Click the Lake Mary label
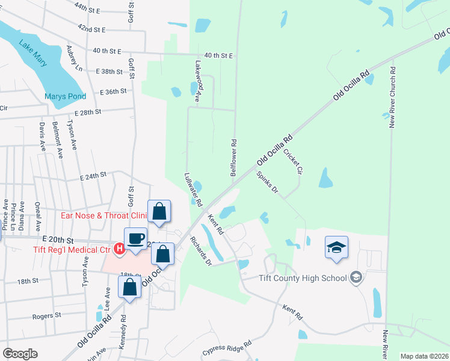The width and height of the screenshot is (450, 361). pos(32,52)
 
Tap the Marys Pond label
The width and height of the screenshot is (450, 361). pos(65,96)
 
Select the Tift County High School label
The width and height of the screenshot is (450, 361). pos(302,277)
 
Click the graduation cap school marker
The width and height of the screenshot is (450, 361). pos(336,247)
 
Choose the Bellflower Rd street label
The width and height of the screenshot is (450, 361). pos(234,157)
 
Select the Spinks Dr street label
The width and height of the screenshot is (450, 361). pos(268,182)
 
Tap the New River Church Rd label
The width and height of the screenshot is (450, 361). pos(392,97)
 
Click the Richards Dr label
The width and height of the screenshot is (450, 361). pos(201,250)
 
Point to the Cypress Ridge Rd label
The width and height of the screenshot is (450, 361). pos(227,348)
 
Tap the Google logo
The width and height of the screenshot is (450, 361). pos(19,354)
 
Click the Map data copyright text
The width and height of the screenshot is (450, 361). pos(424,356)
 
